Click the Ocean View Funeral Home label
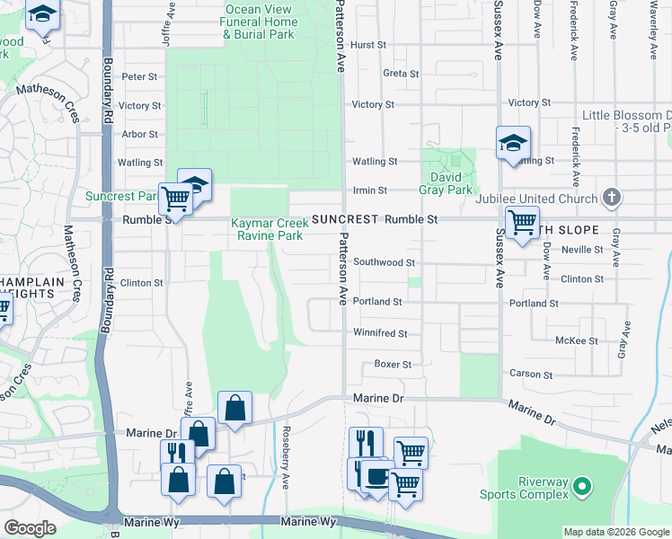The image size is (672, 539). tap(261, 22)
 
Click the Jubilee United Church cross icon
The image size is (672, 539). tap(611, 198)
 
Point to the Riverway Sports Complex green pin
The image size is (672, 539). tap(582, 488)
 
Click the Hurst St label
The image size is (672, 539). tap(368, 45)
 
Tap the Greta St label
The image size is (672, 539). tap(401, 74)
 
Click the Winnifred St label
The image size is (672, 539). tap(380, 333)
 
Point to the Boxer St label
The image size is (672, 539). tap(393, 365)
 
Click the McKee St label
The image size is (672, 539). tap(577, 341)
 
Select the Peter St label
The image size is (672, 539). tap(139, 77)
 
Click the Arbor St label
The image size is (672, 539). tap(139, 135)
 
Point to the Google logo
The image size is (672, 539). tap(31, 528)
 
